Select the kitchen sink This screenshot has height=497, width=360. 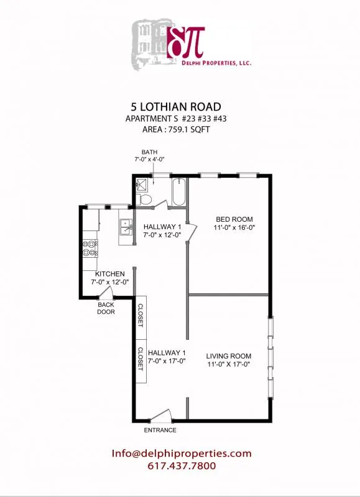125,225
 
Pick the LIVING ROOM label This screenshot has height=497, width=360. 229,356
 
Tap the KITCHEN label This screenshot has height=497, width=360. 109,274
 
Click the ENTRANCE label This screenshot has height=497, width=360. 160,430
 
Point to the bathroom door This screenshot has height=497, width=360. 159,204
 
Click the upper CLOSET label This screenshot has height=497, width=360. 141,316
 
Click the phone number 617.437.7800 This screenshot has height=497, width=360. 182,466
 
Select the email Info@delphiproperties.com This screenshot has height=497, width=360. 182,454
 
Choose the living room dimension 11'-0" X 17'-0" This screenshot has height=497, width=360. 229,365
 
